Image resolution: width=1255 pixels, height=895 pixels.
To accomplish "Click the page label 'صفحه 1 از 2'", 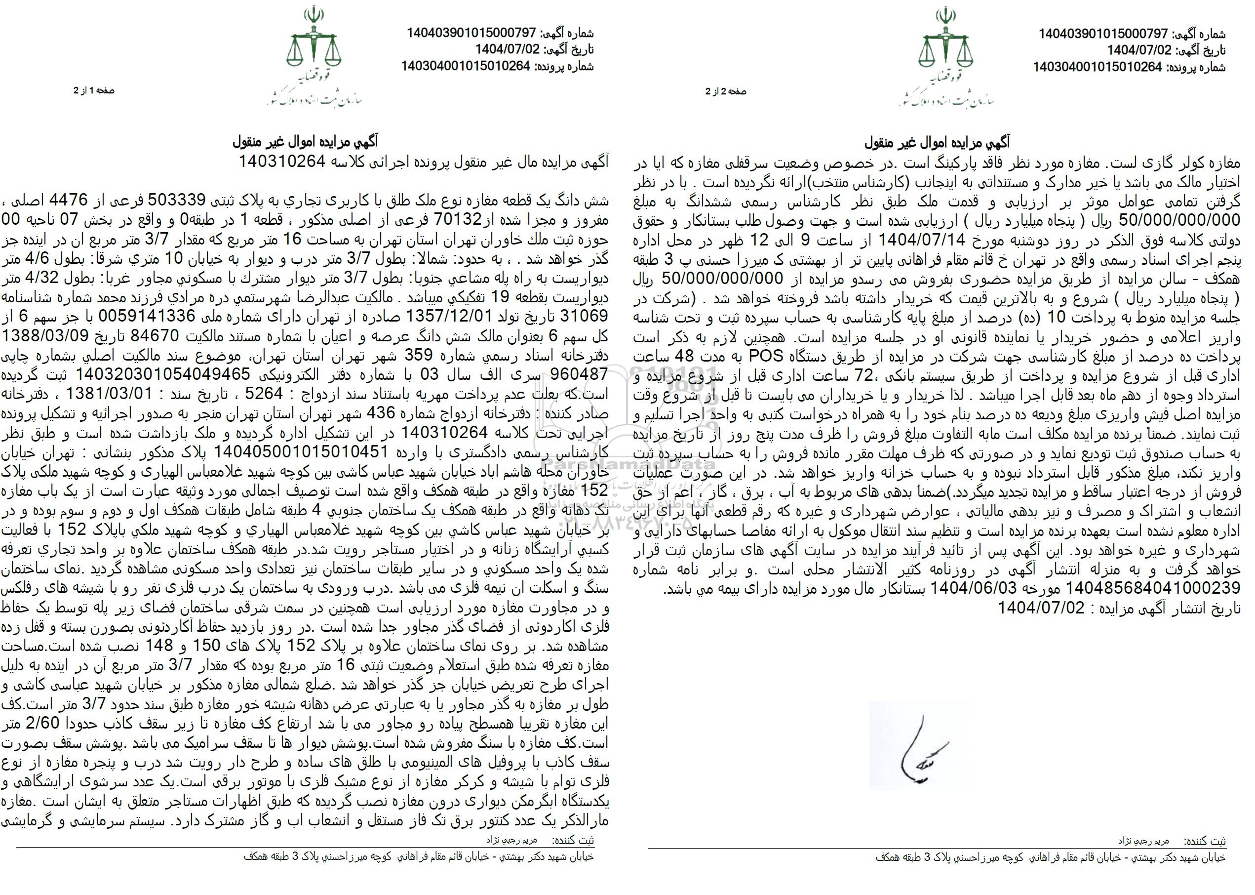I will point(94,91).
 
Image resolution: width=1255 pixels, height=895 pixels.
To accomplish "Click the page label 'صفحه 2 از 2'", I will point(727,92).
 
